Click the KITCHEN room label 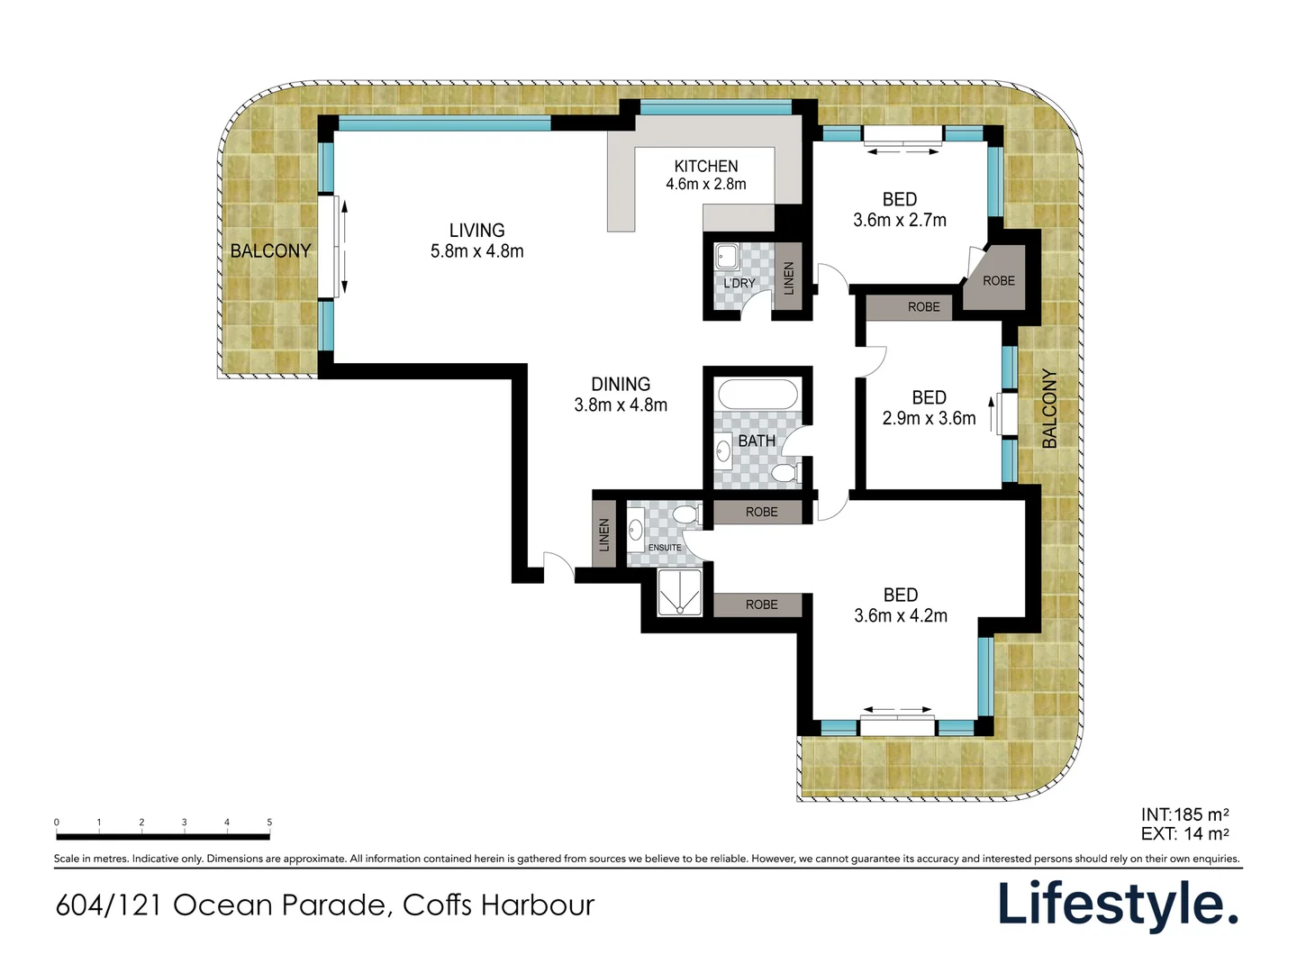click(705, 166)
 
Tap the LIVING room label click(476, 230)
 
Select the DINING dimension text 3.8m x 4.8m click(621, 405)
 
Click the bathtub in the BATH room click(758, 394)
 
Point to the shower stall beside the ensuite click(680, 592)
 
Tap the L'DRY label click(739, 283)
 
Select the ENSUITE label click(665, 548)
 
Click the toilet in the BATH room click(786, 473)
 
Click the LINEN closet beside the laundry click(788, 277)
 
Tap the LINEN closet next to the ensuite click(603, 534)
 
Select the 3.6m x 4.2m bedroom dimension click(901, 615)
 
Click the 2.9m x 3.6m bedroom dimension click(929, 418)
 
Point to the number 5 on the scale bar click(269, 822)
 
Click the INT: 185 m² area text click(1184, 814)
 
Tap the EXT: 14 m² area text click(1184, 833)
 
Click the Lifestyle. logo click(1118, 905)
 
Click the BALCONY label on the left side click(270, 251)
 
